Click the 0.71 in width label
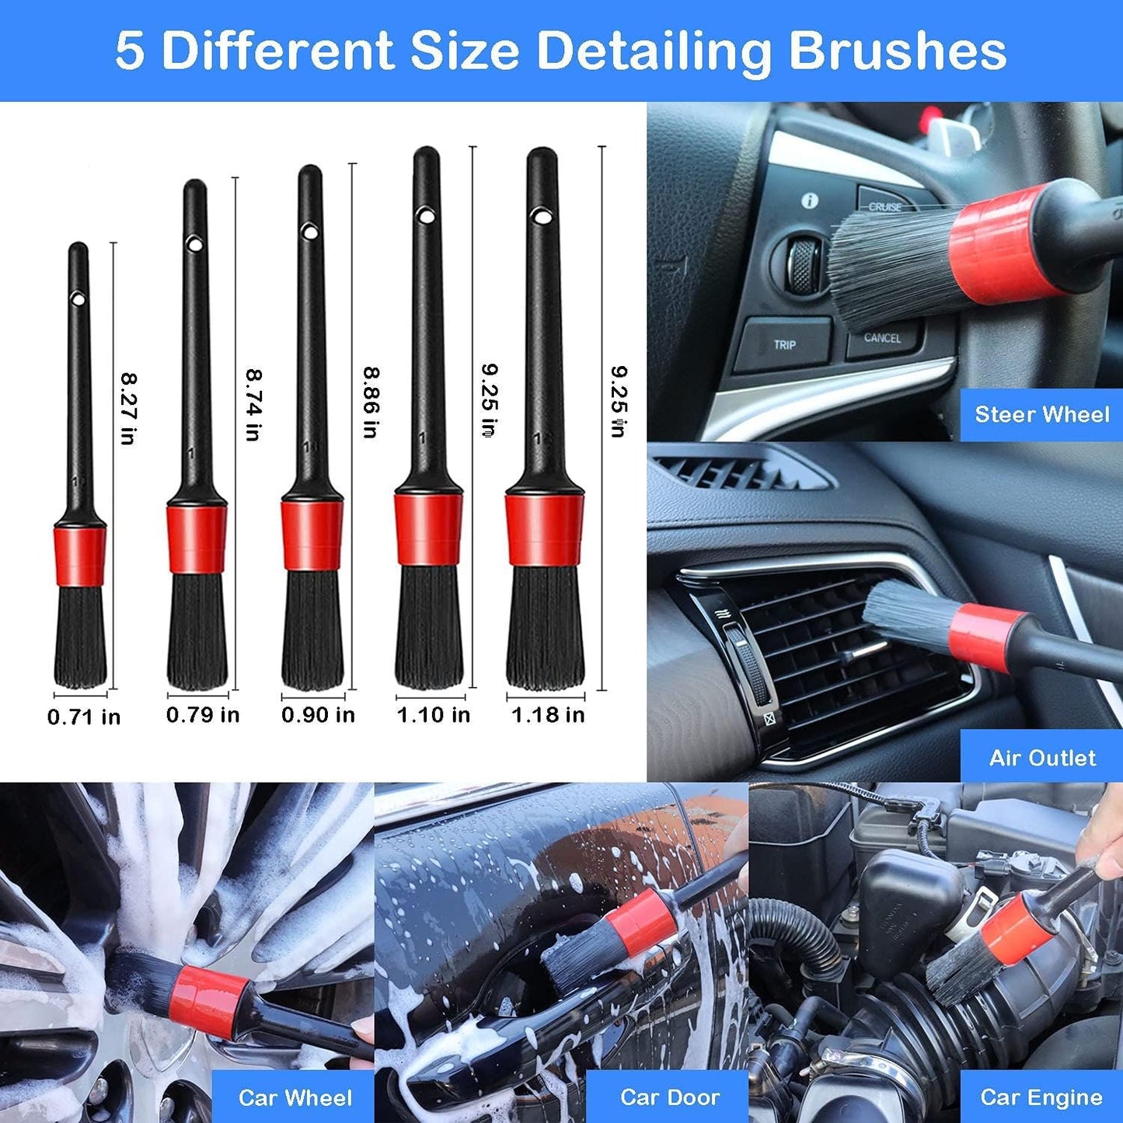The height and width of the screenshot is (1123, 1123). click(84, 717)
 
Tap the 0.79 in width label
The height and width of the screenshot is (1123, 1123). click(203, 714)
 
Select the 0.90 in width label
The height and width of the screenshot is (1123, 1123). click(318, 714)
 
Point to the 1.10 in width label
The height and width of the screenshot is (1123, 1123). click(434, 714)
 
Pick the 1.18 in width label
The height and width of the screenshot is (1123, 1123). click(548, 714)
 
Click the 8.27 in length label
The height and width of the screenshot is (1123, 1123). click(128, 408)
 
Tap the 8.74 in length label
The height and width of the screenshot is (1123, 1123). click(253, 404)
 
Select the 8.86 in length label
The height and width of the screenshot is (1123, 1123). click(371, 402)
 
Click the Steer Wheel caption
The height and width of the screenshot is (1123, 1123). click(1041, 414)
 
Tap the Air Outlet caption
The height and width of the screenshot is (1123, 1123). click(1041, 758)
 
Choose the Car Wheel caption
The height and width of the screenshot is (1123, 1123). click(295, 1097)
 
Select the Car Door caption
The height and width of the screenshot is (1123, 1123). click(669, 1097)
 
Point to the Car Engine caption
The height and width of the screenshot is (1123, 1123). click(1041, 1097)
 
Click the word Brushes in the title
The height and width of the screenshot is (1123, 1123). click(897, 51)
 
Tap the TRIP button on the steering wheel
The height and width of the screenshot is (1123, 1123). click(784, 344)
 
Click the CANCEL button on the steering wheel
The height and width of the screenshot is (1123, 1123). click(882, 338)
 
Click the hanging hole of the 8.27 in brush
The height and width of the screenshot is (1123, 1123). click(78, 298)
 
